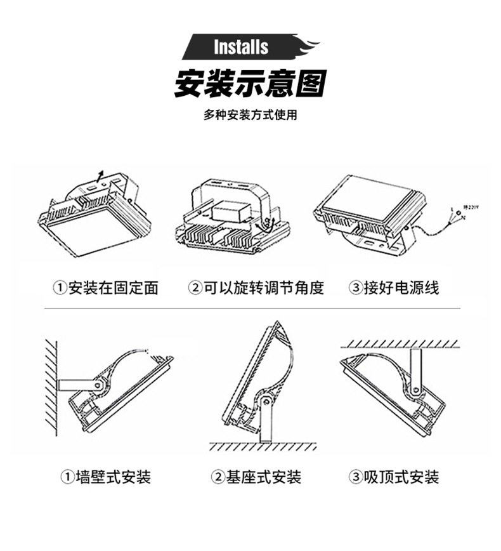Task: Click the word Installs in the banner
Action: coord(241,47)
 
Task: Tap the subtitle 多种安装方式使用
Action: coord(251,115)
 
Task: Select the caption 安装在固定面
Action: coord(113,288)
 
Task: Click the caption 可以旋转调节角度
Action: coord(263,288)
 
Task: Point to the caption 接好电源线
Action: coord(401,288)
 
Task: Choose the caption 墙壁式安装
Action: coord(114,477)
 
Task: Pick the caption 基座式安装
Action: coord(264,477)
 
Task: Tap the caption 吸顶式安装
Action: coord(401,477)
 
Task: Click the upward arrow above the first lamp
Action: coord(98,175)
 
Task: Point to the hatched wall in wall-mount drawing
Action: coord(51,387)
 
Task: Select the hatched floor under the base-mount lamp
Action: coord(263,446)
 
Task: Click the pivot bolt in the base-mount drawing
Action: coord(266,401)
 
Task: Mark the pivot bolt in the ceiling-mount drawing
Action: coord(416,389)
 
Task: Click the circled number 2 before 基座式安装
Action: coord(218,477)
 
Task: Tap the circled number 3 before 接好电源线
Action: coord(355,288)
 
